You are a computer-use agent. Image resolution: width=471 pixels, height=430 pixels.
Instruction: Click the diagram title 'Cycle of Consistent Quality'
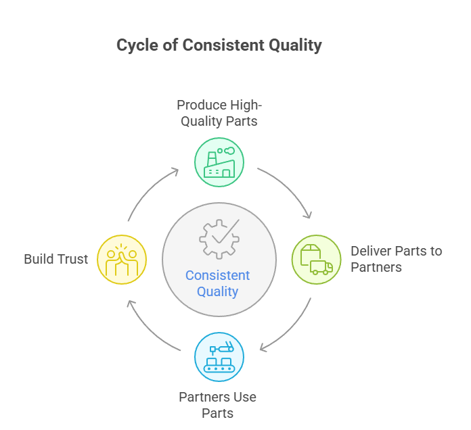pos(219,45)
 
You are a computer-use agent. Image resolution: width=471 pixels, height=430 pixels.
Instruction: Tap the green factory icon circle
pos(219,162)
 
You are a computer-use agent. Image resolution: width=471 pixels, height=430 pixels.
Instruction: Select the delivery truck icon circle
pos(316,260)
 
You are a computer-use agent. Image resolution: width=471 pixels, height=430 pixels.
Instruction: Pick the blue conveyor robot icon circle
pos(219,357)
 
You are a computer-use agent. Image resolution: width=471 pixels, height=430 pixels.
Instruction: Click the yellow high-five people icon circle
pos(122,260)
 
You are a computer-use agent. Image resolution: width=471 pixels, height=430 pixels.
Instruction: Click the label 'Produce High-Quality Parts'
pos(219,113)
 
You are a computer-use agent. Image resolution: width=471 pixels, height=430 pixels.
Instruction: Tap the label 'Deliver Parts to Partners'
pos(396,259)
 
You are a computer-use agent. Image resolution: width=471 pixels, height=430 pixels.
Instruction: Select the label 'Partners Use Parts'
pos(218,404)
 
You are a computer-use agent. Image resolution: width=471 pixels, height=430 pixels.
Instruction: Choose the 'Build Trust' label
pos(56,259)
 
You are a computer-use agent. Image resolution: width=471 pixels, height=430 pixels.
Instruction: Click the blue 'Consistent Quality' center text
pos(218,283)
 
